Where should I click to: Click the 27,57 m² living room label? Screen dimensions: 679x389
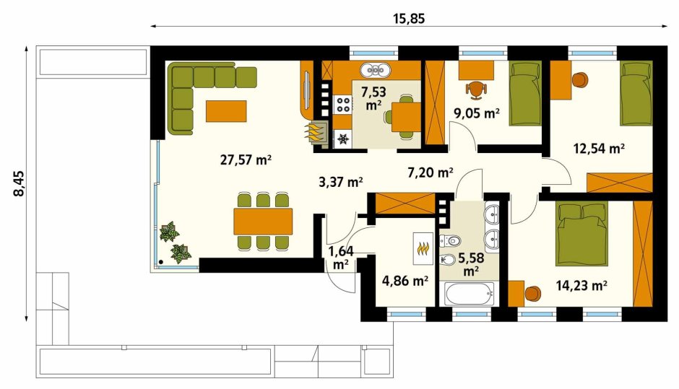(246, 160)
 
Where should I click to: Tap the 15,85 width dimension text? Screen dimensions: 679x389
(409, 19)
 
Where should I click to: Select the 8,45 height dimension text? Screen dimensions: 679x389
(20, 184)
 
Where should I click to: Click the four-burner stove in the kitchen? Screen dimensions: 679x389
(343, 104)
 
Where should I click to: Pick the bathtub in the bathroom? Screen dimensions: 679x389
(469, 294)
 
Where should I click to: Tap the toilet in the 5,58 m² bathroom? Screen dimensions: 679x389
(450, 240)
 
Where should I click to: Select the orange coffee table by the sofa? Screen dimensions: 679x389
(226, 111)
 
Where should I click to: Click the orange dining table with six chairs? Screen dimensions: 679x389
(263, 222)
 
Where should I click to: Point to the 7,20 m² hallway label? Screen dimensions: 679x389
(431, 172)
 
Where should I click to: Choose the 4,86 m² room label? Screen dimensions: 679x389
(405, 281)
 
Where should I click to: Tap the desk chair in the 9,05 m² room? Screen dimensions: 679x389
(476, 89)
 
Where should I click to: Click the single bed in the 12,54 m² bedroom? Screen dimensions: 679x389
(636, 94)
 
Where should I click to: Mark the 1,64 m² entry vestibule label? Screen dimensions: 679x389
(341, 258)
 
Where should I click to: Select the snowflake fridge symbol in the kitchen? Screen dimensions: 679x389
(343, 139)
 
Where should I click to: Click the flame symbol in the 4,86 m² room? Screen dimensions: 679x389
(423, 248)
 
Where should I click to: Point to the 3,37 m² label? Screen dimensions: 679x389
(341, 182)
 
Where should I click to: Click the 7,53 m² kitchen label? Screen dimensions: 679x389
(373, 98)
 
